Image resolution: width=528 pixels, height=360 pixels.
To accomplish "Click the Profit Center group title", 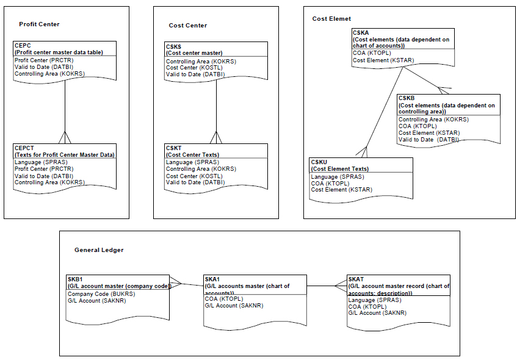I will (x=39, y=24).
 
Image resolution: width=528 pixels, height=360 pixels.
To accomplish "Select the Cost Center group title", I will (x=187, y=26).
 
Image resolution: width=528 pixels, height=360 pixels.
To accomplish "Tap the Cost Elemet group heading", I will (x=331, y=19).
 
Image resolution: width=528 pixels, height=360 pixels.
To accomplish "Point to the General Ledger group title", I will (x=99, y=250).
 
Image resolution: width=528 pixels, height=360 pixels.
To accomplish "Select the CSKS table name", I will (x=174, y=46).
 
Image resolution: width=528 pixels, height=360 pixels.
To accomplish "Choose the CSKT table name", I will (x=174, y=148).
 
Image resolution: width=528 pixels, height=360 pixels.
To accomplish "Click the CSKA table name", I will (x=361, y=32).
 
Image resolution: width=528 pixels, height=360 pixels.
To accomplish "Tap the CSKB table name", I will (x=407, y=98).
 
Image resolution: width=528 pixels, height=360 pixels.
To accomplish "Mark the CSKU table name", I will (x=319, y=162).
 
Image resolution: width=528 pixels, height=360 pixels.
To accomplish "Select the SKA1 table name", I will (x=213, y=279).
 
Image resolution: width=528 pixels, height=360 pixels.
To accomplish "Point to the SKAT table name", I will (x=356, y=279).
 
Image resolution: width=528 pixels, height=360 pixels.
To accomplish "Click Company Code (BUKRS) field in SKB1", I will (x=101, y=293).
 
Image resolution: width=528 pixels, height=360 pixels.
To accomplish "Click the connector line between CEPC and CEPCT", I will (x=65, y=104).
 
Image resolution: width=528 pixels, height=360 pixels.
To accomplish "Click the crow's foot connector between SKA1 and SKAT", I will (x=339, y=286).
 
